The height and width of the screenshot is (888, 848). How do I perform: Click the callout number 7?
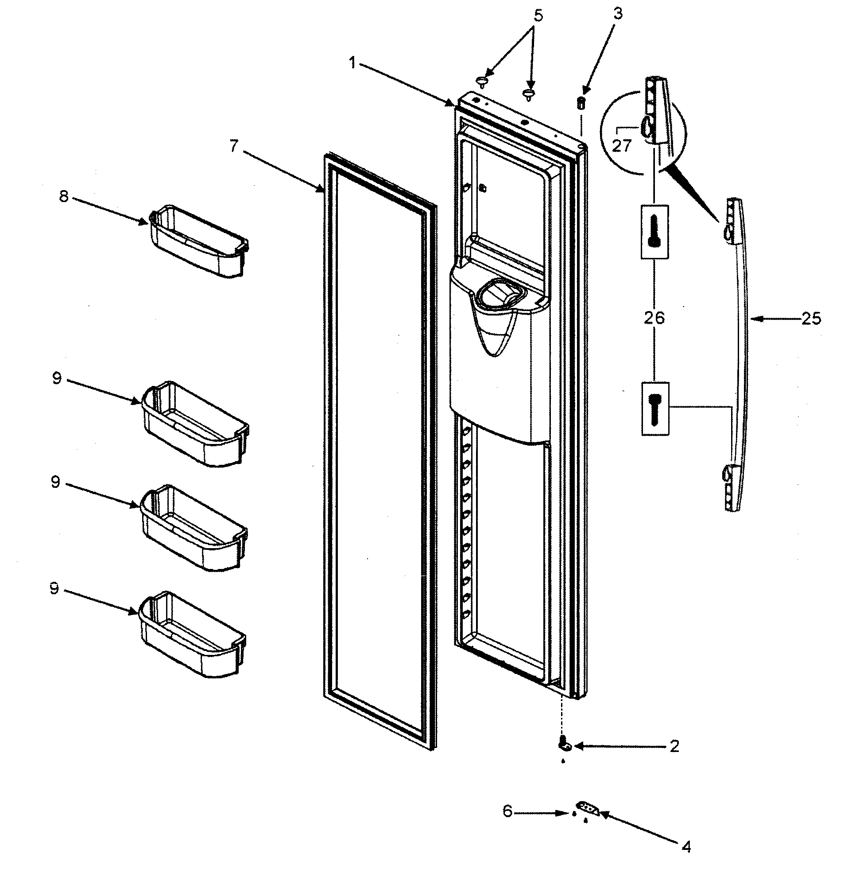coord(233,146)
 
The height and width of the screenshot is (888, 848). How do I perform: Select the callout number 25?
coord(811,319)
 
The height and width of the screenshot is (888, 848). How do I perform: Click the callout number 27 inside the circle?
coord(621,146)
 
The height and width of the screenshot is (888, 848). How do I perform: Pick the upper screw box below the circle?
coord(654,231)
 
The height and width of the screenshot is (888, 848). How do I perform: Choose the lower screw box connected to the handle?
coord(655,409)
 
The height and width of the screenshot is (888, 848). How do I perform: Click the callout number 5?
coord(538,16)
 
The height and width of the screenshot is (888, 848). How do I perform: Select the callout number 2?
coord(674,746)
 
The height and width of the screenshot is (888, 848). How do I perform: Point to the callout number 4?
coord(686,846)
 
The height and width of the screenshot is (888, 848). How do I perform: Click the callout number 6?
coord(507,811)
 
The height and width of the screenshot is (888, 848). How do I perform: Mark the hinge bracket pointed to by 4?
coord(587,808)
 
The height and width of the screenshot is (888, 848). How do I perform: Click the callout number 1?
coord(352,63)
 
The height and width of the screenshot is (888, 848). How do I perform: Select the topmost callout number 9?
coord(57,378)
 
